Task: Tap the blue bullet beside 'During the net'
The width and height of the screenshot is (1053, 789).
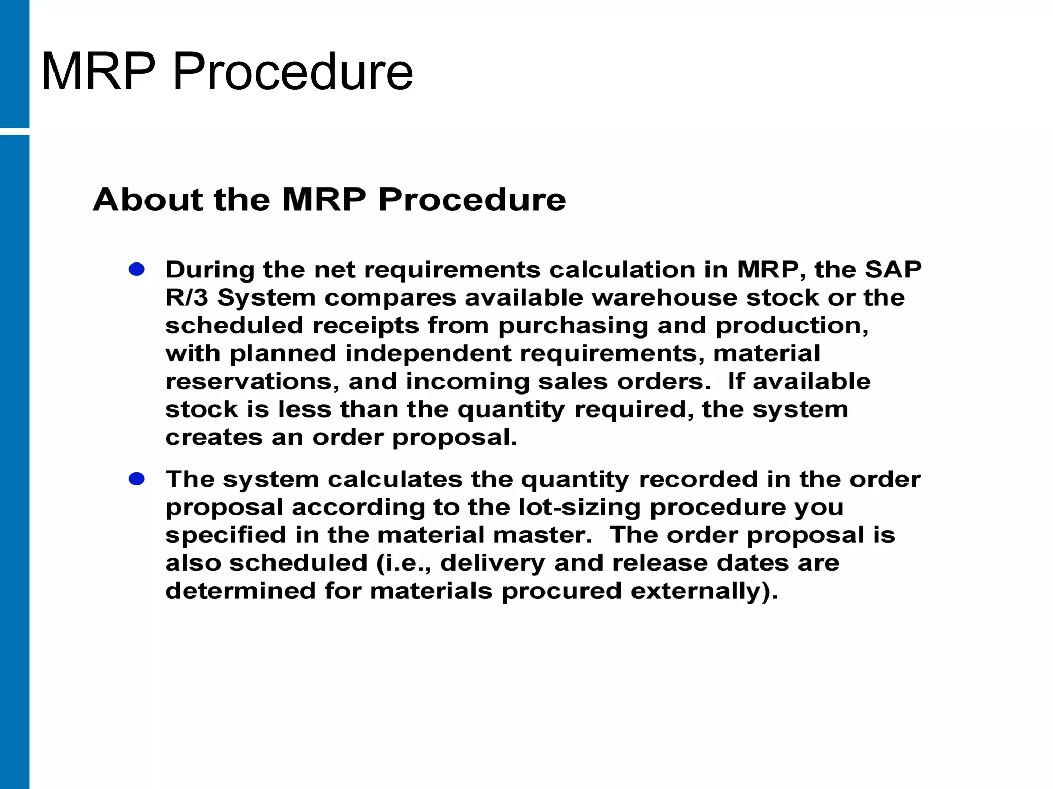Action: pos(137,269)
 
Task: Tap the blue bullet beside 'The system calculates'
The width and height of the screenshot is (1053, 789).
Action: pos(137,479)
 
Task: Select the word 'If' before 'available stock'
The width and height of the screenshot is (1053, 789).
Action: pos(735,382)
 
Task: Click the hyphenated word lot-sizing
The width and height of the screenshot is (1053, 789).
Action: pos(579,508)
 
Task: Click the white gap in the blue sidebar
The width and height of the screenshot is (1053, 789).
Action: pos(14,131)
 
